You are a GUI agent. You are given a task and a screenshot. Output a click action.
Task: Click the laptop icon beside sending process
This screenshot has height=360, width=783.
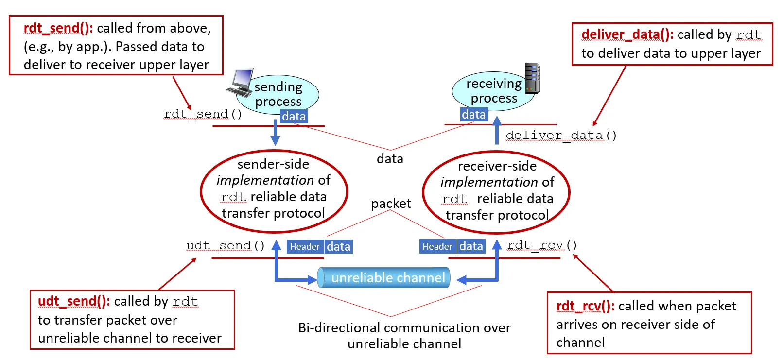coord(240,83)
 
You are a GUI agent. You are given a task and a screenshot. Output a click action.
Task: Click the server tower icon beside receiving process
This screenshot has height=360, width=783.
coord(533,78)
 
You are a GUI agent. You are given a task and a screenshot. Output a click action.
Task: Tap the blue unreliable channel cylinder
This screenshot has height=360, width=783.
coord(384,277)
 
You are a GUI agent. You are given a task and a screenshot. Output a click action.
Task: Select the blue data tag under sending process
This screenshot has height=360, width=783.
coord(294,117)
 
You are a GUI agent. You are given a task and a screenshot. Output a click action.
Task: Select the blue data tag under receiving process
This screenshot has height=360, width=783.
coord(474,115)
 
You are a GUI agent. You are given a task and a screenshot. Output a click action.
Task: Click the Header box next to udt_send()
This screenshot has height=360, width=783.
coord(305,247)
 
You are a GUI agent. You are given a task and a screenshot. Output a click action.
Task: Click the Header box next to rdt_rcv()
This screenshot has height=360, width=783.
coord(437,247)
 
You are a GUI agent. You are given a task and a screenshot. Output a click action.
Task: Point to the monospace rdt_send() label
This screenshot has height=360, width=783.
coord(203,114)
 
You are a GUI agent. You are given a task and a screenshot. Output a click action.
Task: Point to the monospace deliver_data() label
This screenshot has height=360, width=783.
coord(561,136)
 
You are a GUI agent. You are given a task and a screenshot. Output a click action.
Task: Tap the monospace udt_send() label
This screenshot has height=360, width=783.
coord(226,246)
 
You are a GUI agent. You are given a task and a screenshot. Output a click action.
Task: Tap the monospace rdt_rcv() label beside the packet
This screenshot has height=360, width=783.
coord(542,245)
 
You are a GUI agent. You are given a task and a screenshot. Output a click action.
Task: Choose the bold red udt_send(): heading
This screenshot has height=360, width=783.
coord(74,301)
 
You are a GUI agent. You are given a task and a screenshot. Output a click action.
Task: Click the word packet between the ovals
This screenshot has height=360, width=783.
coord(391,204)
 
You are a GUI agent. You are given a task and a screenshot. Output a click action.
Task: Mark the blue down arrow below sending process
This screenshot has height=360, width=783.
coord(275,132)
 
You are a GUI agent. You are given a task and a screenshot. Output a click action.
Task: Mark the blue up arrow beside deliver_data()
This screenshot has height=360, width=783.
coord(497,130)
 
